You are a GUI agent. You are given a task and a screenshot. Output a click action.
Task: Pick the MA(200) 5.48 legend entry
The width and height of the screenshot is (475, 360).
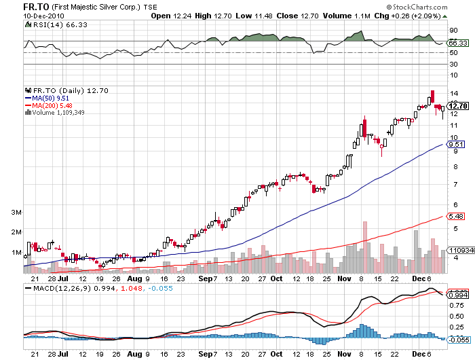(48, 105)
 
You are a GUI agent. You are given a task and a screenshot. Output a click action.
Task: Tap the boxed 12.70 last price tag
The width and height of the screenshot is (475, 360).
(458, 106)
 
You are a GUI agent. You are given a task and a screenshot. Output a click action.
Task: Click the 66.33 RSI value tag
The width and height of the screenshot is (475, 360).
(458, 43)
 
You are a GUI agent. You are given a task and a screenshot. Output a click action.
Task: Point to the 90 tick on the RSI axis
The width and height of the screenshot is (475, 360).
(453, 31)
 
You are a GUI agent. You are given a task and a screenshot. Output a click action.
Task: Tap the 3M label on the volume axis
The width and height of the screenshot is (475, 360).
(14, 213)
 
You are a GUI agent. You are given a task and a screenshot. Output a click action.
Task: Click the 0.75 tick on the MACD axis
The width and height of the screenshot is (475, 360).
(457, 305)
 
